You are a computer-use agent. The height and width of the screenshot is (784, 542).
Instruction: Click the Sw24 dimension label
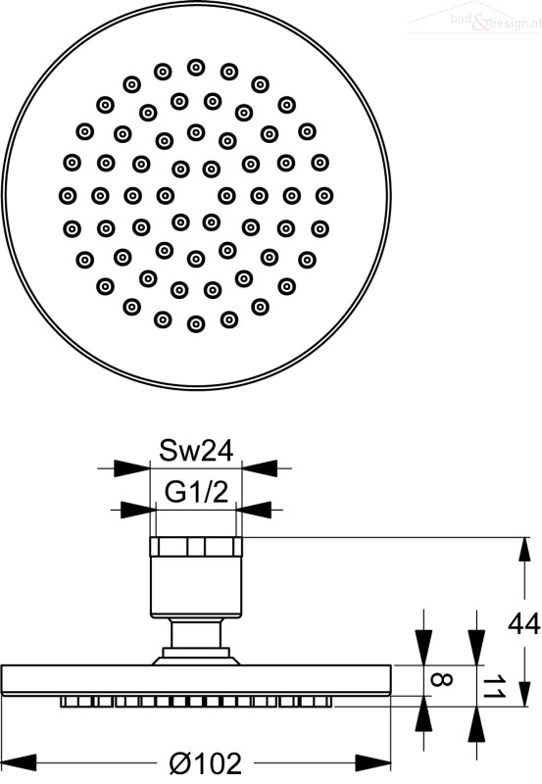(x=196, y=451)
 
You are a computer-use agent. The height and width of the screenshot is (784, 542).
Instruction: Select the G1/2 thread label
(x=196, y=493)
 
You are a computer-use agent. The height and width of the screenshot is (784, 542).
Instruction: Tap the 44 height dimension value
(x=524, y=624)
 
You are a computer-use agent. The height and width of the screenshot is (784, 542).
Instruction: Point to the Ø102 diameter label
(x=206, y=763)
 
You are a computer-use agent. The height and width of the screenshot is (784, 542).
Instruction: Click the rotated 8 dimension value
(x=441, y=680)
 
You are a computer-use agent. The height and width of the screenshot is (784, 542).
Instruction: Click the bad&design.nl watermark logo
(x=474, y=19)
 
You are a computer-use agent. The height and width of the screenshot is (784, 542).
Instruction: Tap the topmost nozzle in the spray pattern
(x=196, y=67)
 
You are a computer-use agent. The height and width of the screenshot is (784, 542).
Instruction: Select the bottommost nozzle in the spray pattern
(x=196, y=324)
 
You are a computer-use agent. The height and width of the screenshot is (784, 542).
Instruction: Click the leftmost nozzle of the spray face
(x=68, y=195)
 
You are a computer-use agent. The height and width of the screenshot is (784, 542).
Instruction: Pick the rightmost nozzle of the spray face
(x=324, y=195)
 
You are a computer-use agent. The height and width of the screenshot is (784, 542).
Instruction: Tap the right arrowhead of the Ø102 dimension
(x=373, y=762)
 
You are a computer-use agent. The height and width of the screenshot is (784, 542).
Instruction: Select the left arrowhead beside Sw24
(x=132, y=468)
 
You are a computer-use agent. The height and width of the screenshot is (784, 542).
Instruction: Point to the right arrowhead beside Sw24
(x=260, y=468)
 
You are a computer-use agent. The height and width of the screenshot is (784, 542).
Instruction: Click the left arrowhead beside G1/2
(x=138, y=510)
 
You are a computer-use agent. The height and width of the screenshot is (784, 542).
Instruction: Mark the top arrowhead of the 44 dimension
(x=524, y=555)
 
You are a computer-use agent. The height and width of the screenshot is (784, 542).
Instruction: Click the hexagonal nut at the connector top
(x=196, y=547)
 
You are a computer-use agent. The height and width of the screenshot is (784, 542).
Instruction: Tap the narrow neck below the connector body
(x=196, y=634)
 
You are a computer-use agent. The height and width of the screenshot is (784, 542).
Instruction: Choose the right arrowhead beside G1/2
(x=254, y=510)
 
